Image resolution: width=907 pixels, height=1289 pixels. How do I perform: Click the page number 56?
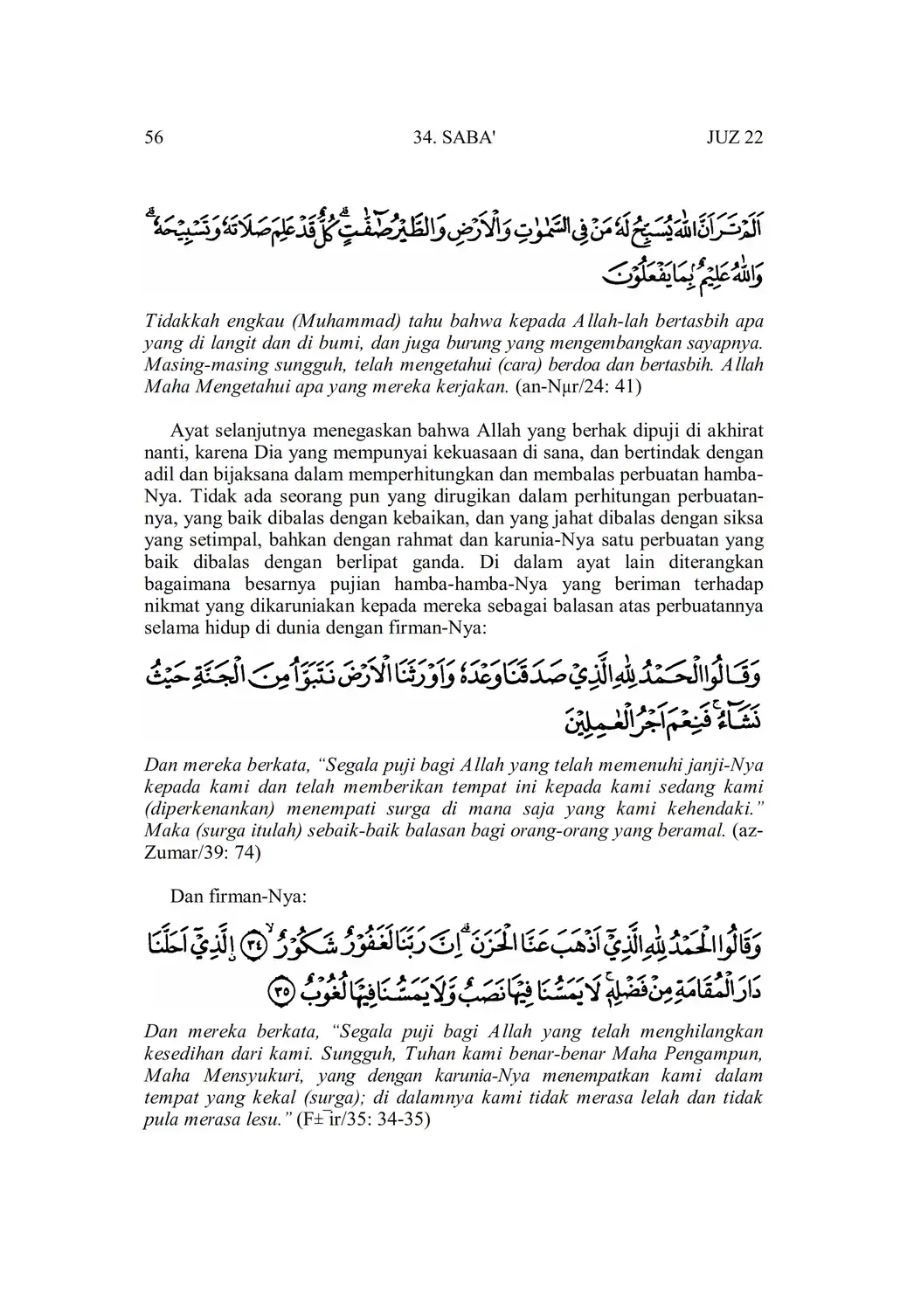pos(153,138)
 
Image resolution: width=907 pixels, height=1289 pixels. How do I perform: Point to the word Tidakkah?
pos(177,321)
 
